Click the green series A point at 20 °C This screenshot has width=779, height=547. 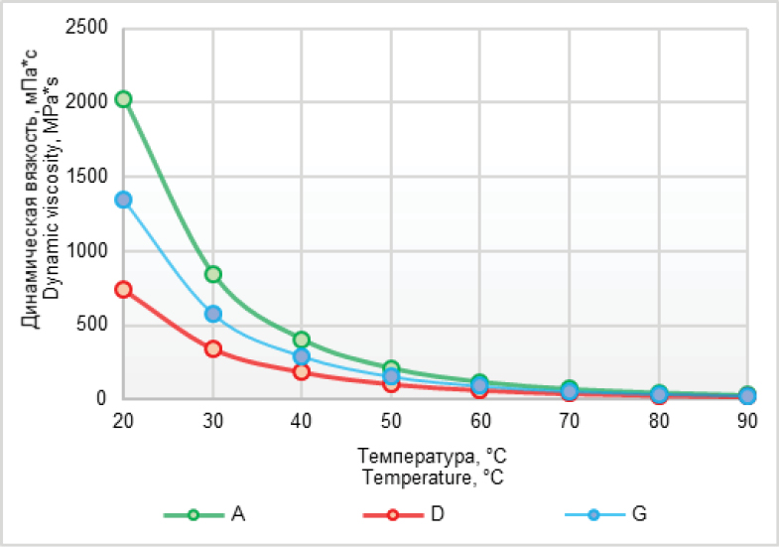pyautogui.click(x=123, y=99)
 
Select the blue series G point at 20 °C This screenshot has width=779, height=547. pyautogui.click(x=123, y=200)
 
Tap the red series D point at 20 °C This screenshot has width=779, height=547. pyautogui.click(x=123, y=290)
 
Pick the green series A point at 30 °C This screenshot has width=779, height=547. pyautogui.click(x=212, y=274)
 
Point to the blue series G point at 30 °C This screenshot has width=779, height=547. pyautogui.click(x=212, y=314)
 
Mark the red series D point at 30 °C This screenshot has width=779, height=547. pyautogui.click(x=212, y=348)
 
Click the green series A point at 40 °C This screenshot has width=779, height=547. pyautogui.click(x=302, y=340)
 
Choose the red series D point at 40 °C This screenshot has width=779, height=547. pyautogui.click(x=302, y=372)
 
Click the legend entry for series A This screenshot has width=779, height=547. pyautogui.click(x=209, y=514)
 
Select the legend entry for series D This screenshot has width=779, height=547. pyautogui.click(x=408, y=514)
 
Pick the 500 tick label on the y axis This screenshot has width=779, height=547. pyautogui.click(x=95, y=325)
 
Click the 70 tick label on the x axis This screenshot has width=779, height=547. pyautogui.click(x=569, y=421)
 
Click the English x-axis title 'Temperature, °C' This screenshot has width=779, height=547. pyautogui.click(x=435, y=477)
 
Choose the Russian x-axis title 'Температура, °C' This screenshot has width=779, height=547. pyautogui.click(x=435, y=459)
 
